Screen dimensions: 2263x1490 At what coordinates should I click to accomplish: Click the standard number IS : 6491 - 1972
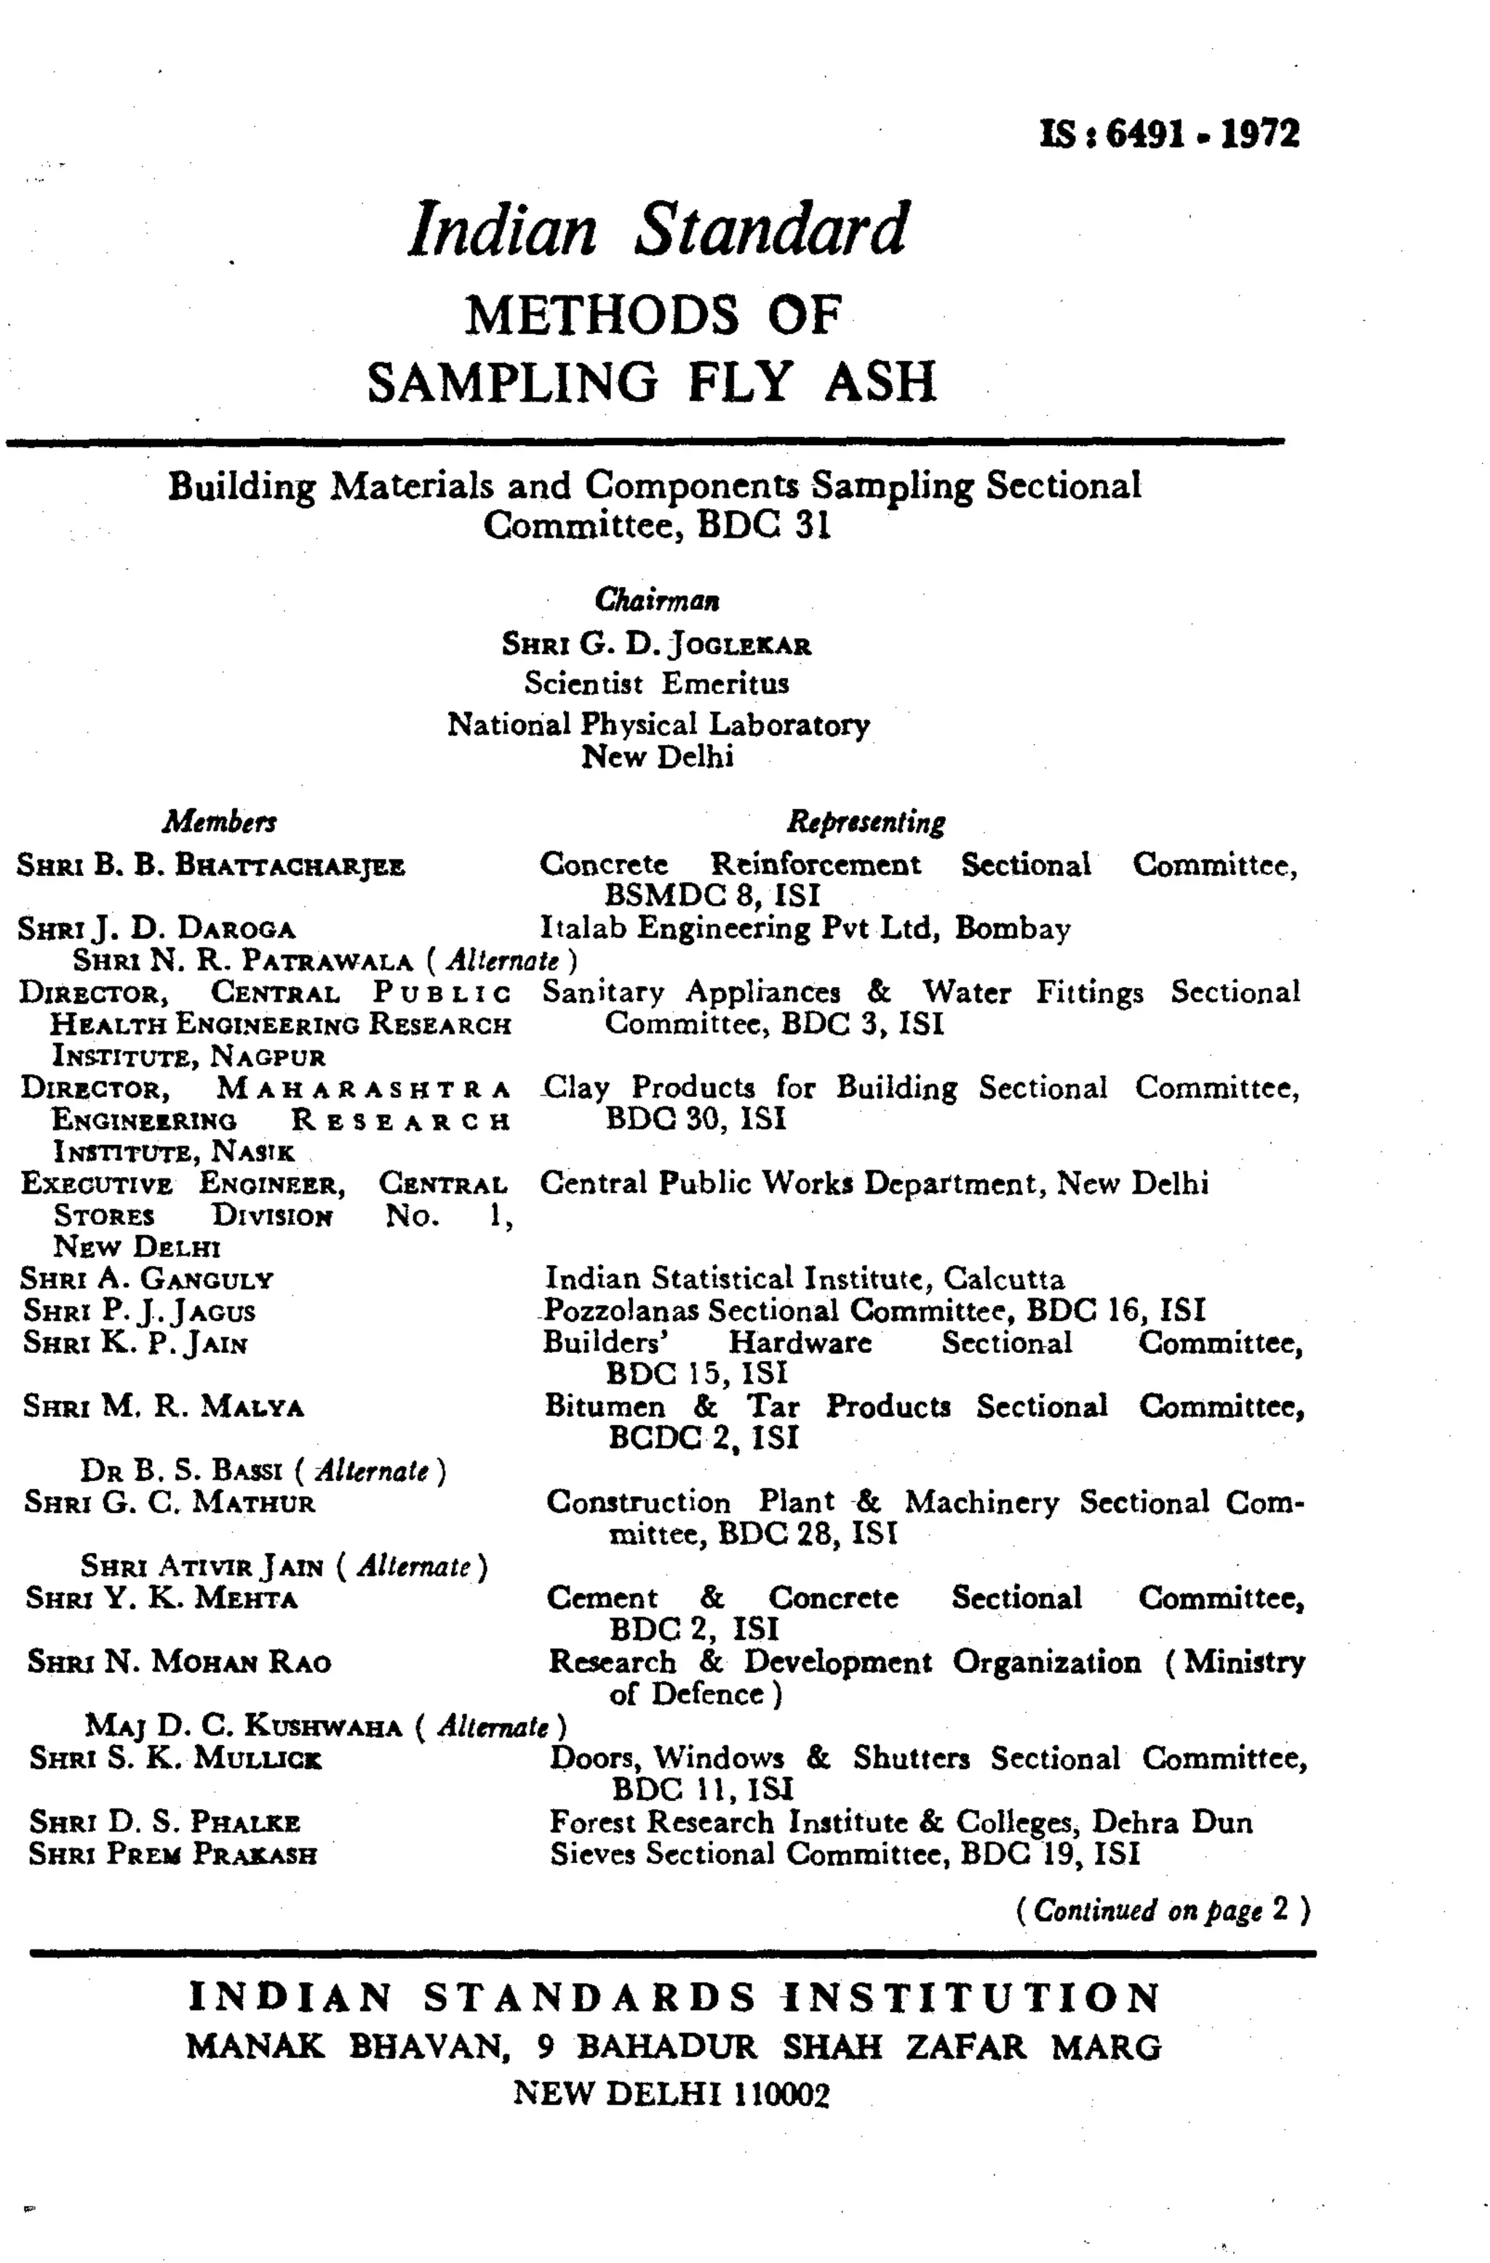[1170, 134]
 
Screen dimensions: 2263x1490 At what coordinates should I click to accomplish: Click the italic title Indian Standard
[658, 229]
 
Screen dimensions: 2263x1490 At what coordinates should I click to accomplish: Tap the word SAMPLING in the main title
[512, 381]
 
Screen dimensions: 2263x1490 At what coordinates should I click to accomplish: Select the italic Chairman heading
[657, 600]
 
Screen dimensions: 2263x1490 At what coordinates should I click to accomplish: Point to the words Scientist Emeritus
[657, 683]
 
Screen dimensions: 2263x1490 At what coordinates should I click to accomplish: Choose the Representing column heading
[865, 821]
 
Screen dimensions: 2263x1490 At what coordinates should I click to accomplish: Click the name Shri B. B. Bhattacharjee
[211, 866]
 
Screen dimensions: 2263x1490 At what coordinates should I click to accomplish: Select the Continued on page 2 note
[1162, 1909]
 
